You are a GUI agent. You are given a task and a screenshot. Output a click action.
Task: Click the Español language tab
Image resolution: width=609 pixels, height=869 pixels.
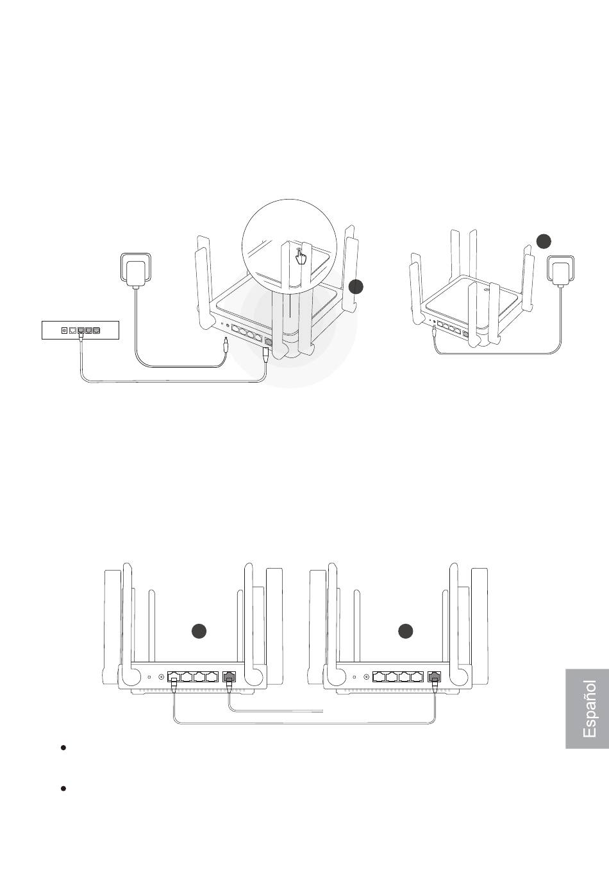point(587,709)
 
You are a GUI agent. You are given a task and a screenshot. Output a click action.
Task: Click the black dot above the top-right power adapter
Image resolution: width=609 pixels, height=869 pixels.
point(544,241)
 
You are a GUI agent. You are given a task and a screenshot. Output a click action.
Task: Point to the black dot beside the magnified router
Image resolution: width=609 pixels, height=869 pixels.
point(356,287)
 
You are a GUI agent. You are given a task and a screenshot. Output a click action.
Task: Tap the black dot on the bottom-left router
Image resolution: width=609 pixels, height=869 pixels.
point(199,632)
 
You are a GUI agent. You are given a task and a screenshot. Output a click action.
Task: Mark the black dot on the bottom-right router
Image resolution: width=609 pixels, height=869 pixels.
point(405,632)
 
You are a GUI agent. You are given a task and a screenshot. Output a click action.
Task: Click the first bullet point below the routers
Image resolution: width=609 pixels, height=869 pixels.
point(63,748)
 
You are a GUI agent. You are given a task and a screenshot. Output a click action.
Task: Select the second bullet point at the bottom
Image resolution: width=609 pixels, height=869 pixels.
point(63,788)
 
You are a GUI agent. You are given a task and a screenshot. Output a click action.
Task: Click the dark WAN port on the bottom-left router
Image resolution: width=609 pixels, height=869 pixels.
point(229,676)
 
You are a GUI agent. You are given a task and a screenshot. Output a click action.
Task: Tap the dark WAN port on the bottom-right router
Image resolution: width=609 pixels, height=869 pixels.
point(435,676)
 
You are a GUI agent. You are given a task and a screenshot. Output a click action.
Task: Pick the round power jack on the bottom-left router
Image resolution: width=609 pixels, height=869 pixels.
point(161,676)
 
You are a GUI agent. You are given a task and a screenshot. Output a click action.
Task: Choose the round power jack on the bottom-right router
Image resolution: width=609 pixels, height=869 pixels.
point(366,676)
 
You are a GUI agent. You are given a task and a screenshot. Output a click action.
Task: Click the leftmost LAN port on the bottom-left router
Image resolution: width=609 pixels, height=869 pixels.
point(174,676)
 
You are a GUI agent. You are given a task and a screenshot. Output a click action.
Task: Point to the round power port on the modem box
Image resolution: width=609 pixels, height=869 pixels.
point(64,331)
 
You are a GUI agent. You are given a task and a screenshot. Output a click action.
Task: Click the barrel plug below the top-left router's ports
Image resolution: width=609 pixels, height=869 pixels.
point(225,347)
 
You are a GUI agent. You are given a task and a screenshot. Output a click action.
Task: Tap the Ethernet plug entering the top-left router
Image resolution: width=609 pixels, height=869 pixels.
point(266,353)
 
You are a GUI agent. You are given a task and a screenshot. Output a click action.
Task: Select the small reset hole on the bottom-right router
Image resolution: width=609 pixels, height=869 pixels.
point(355,676)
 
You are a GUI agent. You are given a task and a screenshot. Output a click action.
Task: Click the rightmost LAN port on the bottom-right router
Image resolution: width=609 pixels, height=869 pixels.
point(417,676)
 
